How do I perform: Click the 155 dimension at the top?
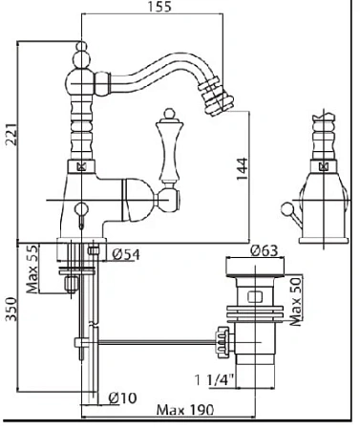pos(159,7)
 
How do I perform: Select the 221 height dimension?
pos(11,134)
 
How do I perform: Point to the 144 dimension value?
pos(242,169)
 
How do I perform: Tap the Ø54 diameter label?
pos(126,254)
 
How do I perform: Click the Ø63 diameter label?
pos(265,250)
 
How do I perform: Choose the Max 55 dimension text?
pos(32,269)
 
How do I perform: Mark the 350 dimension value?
pos(11,309)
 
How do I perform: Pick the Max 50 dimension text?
pos(296,301)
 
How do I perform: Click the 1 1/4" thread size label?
pos(214,379)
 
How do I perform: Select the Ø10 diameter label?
pos(122,398)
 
